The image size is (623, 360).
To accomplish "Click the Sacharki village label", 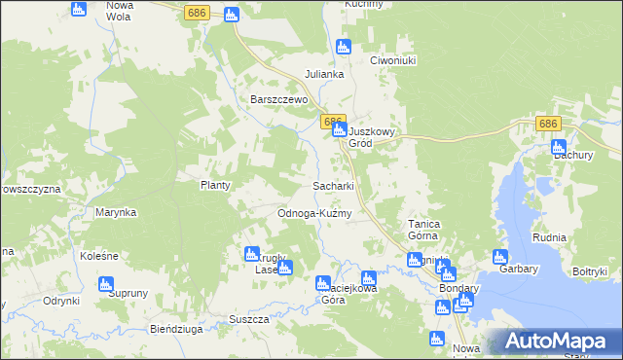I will (x=332, y=185).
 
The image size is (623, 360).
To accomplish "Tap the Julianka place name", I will (x=325, y=74).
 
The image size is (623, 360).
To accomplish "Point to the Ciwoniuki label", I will (x=393, y=59).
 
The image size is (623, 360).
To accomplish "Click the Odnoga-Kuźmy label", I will (x=314, y=213).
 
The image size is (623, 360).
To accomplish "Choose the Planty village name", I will (x=214, y=185).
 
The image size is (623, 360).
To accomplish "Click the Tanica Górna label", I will (x=424, y=230).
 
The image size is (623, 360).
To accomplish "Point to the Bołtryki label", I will (x=590, y=271).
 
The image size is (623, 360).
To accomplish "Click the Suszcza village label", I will (x=248, y=319).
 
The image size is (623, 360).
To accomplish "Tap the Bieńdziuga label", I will (x=176, y=329).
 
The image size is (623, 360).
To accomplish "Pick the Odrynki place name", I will (x=60, y=301).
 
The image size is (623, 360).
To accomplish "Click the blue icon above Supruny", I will (x=106, y=284).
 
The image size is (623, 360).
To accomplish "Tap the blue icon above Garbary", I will (x=500, y=258).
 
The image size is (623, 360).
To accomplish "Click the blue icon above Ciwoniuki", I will (x=342, y=46).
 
